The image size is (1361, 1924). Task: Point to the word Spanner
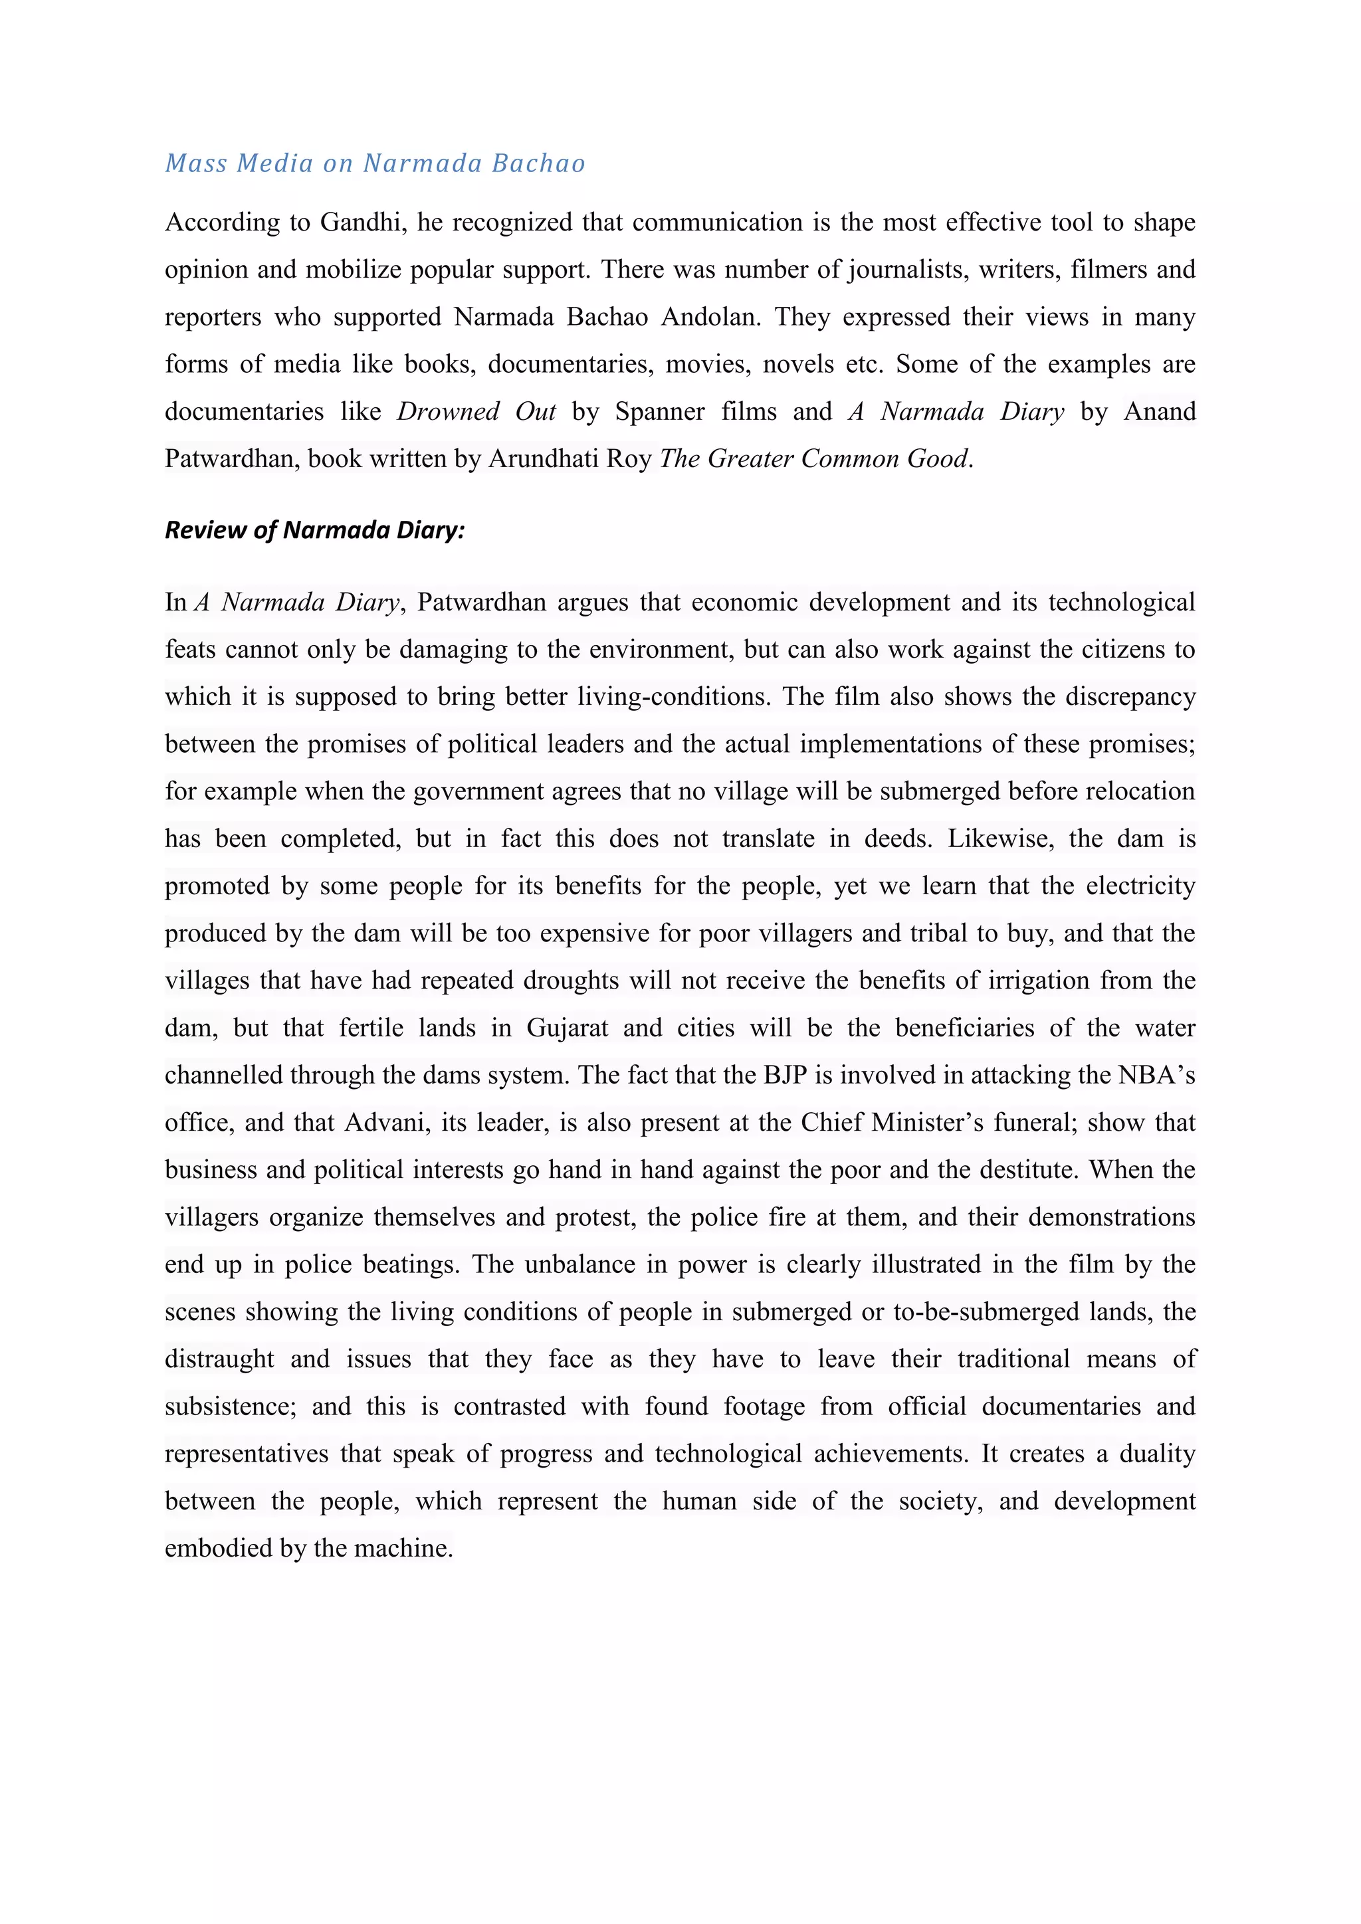pyautogui.click(x=659, y=411)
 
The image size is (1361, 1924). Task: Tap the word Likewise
pyautogui.click(x=999, y=839)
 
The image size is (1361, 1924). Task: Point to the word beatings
pyautogui.click(x=411, y=1264)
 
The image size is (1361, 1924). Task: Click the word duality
pyautogui.click(x=1158, y=1453)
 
